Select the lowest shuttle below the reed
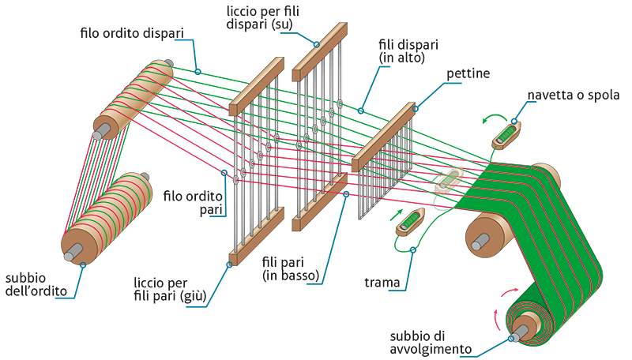412,220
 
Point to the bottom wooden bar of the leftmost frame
257,233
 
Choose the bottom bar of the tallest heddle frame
319,203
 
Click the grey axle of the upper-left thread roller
97,135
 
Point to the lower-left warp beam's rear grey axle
145,177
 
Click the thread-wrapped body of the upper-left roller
134,99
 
